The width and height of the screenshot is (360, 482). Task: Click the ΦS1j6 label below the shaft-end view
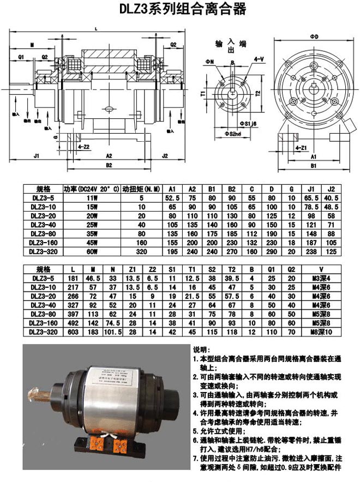click(248, 125)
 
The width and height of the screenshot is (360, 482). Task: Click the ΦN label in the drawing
click(211, 62)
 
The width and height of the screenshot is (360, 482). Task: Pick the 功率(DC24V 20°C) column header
click(91, 189)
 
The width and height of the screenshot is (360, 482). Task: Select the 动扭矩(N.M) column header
click(141, 189)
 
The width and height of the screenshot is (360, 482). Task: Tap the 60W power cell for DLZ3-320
click(91, 254)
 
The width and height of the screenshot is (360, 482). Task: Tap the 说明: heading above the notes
click(203, 349)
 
